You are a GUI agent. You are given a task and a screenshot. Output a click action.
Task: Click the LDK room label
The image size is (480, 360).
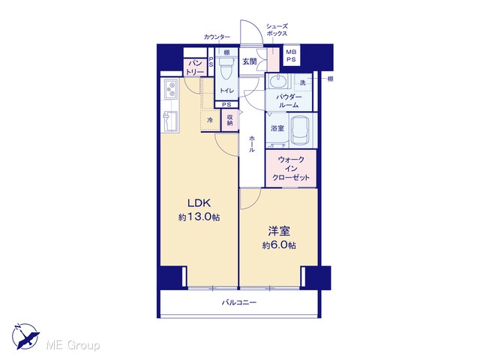pos(199,203)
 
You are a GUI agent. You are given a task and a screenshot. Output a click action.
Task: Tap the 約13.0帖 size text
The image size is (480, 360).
pos(199,217)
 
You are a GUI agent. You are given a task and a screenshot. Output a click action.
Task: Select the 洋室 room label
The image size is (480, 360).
pos(279,231)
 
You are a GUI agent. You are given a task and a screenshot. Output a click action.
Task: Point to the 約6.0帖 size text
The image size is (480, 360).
pos(279,245)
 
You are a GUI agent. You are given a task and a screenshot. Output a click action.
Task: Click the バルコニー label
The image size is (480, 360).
pos(239,302)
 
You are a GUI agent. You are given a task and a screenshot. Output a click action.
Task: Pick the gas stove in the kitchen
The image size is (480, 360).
pos(172,89)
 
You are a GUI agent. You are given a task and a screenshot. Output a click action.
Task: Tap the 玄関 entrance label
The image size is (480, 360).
pos(250,61)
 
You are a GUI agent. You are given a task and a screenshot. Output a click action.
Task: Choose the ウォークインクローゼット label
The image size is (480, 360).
pos(291,168)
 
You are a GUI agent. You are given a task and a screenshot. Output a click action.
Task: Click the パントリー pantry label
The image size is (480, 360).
pos(195,67)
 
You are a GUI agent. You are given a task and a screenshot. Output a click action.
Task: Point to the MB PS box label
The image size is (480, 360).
pos(291,55)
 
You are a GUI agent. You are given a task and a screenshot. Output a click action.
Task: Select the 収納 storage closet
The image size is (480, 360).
pos(229,120)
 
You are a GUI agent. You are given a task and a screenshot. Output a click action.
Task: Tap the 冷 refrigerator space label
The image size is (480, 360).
pos(210,120)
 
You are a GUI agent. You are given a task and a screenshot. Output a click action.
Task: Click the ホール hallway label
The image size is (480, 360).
pos(252,144)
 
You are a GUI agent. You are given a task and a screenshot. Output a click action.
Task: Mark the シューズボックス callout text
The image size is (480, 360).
pos(277,30)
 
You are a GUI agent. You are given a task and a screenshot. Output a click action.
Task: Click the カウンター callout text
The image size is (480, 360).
pos(217,37)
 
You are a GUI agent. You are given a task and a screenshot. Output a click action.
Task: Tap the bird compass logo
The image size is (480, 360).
pos(25,336)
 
